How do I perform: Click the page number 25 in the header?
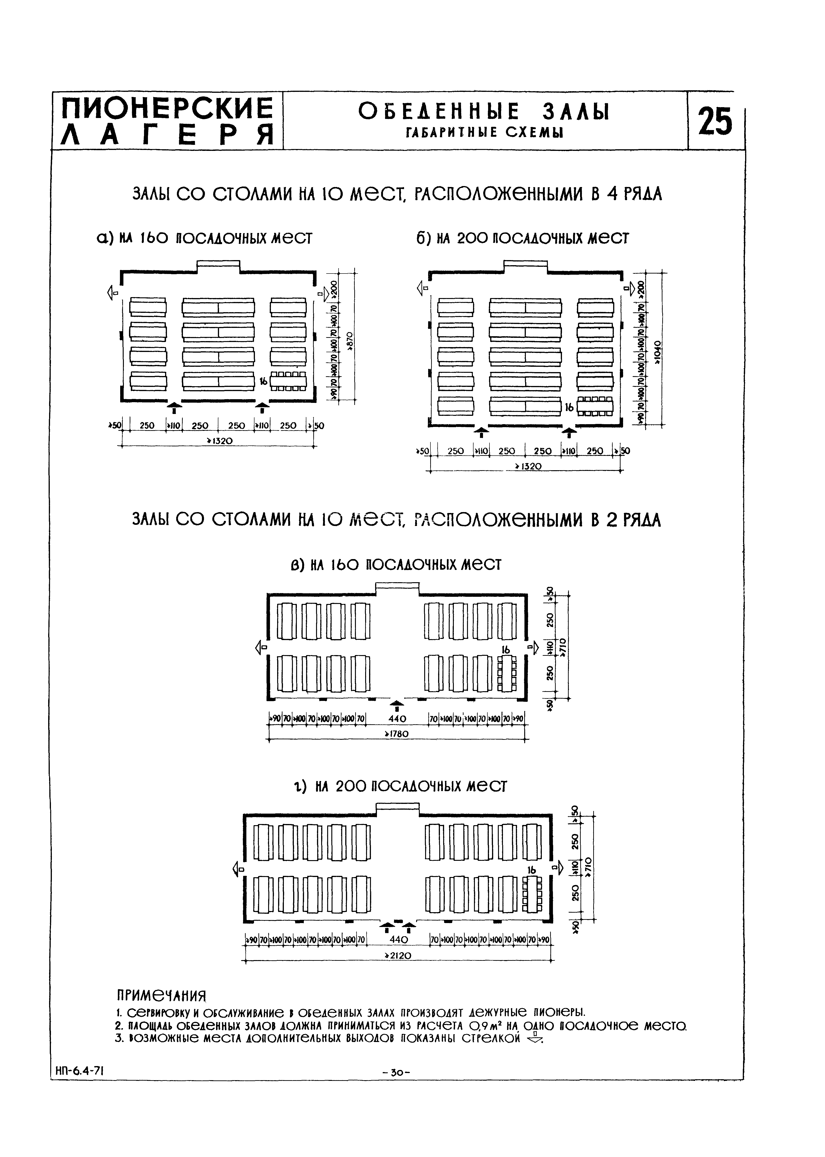pyautogui.click(x=715, y=122)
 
